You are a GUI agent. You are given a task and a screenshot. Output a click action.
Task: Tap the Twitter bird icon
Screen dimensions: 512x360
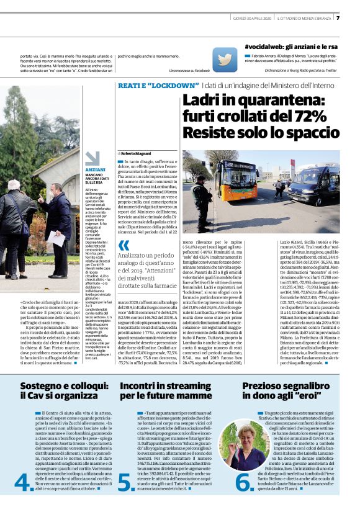tap(223, 60)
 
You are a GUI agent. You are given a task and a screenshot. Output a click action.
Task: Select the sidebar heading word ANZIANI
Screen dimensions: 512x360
tap(95, 169)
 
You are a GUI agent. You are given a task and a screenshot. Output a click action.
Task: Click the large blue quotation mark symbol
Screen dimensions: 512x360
tap(124, 245)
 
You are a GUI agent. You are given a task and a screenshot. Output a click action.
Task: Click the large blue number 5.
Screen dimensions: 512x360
tap(126, 482)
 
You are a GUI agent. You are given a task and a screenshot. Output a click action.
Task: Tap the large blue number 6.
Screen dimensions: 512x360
tap(244, 482)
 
